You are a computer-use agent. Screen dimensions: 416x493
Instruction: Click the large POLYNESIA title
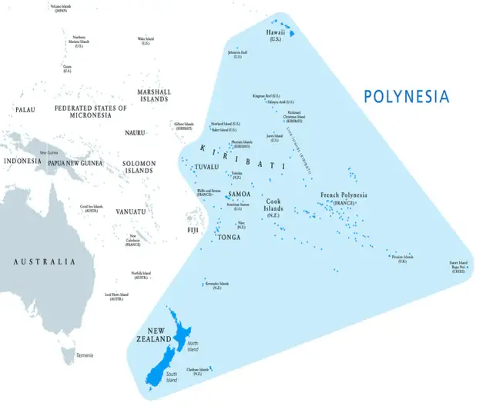406,97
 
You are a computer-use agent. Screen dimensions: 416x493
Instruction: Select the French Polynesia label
344,195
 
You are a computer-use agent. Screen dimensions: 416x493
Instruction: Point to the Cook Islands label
273,205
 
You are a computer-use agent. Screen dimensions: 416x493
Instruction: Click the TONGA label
229,237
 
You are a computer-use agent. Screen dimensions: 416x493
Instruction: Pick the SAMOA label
240,194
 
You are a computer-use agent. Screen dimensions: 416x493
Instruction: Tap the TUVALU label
207,167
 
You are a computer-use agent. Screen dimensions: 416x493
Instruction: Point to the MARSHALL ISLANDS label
154,95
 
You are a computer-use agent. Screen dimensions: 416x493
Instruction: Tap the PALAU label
25,109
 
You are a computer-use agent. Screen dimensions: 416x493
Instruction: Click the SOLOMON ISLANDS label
139,167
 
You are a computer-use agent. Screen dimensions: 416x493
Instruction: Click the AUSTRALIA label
45,261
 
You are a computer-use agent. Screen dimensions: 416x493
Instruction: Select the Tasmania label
84,355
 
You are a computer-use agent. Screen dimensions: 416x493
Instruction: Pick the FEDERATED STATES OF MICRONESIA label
90,112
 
